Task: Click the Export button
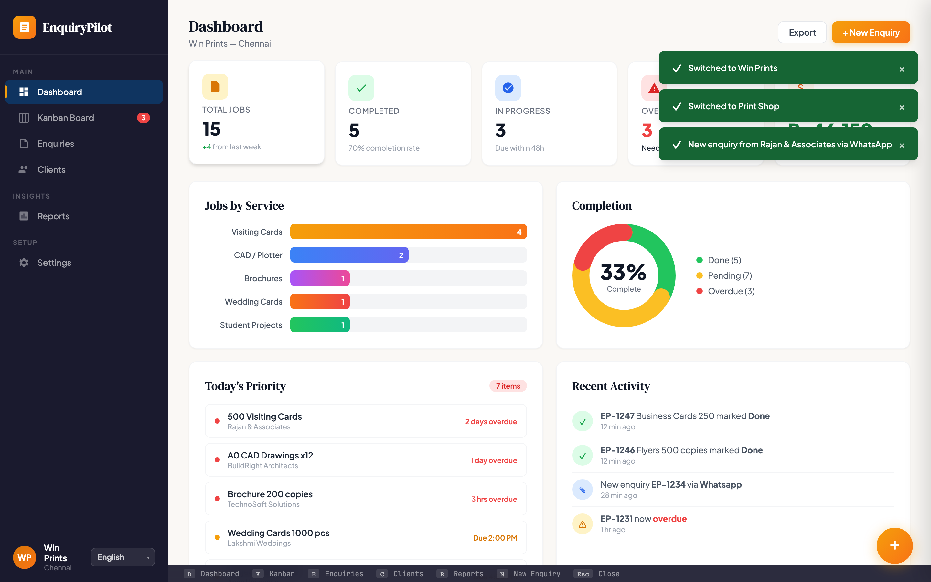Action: click(x=802, y=33)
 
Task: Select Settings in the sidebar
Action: click(x=54, y=263)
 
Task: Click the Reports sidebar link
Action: click(x=53, y=216)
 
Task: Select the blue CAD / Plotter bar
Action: click(x=348, y=255)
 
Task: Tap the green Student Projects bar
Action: click(x=319, y=325)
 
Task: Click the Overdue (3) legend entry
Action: click(x=731, y=291)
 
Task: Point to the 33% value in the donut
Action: click(x=623, y=272)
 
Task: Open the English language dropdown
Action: click(x=122, y=557)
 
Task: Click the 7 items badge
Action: click(x=508, y=386)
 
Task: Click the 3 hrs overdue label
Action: click(x=494, y=499)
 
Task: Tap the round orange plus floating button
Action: click(x=894, y=545)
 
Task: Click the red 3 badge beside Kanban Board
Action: click(x=143, y=118)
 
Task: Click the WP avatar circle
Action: click(x=24, y=557)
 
